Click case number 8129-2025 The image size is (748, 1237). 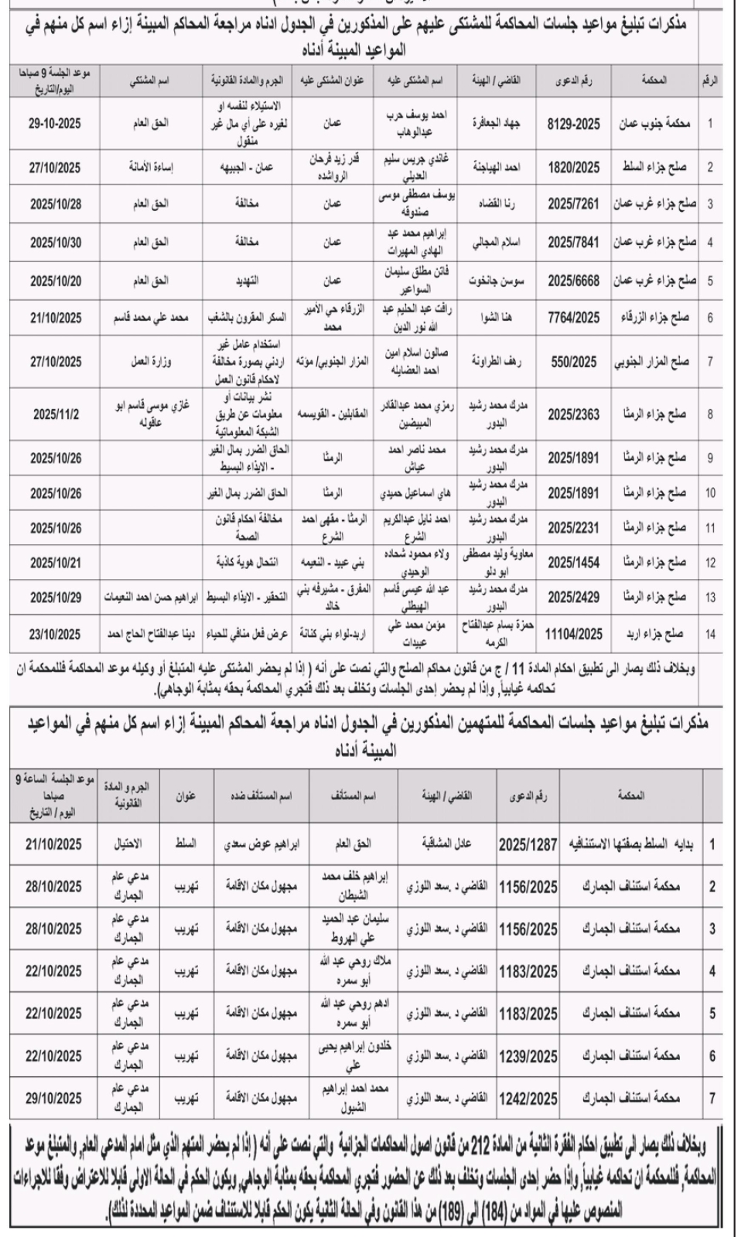point(573,123)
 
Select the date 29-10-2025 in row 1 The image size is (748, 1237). point(56,123)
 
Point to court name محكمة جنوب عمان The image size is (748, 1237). point(656,123)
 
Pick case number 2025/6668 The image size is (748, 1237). point(573,281)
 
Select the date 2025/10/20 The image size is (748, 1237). point(56,281)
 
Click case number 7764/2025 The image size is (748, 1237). point(573,317)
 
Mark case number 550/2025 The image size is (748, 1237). point(573,360)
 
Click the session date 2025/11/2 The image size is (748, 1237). point(56,414)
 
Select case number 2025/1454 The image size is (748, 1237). point(573,564)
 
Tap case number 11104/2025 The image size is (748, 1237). point(573,635)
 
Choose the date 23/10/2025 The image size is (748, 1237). point(56,635)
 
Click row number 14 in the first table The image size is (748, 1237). point(710,635)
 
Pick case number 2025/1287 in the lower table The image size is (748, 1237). point(528,845)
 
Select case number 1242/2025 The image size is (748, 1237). point(528,1098)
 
